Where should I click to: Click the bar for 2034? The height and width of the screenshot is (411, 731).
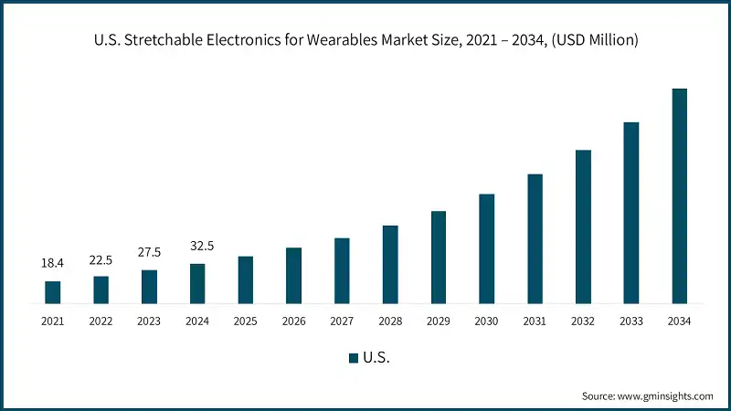click(x=679, y=195)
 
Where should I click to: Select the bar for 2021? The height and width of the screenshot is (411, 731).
click(x=53, y=292)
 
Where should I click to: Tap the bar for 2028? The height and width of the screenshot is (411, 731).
click(x=390, y=264)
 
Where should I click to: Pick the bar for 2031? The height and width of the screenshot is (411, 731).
click(x=535, y=238)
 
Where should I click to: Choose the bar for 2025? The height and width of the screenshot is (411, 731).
click(x=246, y=279)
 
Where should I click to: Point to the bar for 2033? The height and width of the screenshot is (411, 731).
click(x=630, y=212)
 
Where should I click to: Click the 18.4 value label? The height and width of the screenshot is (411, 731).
click(x=53, y=263)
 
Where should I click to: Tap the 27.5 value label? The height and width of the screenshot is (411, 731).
click(x=149, y=252)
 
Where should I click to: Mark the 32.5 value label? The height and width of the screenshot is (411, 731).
click(x=197, y=246)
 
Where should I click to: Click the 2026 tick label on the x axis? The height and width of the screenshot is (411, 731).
click(x=293, y=321)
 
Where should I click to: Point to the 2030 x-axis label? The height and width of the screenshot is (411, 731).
click(x=486, y=321)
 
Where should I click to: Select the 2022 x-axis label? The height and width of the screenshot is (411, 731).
click(x=101, y=321)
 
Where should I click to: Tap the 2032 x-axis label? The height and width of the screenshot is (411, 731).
click(x=583, y=321)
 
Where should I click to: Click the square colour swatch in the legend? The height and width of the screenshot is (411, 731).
click(x=353, y=358)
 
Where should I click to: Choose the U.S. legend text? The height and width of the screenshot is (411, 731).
click(x=377, y=358)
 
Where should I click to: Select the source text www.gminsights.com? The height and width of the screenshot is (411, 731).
click(x=667, y=395)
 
